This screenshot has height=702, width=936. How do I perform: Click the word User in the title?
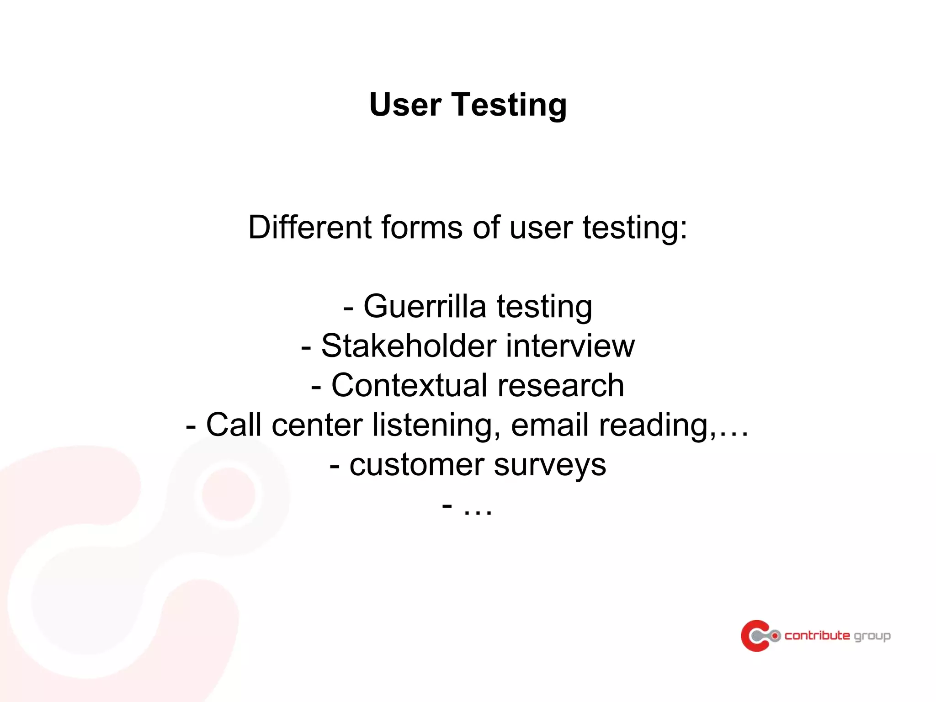coord(405,105)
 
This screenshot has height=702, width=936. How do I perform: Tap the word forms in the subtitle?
coord(421,227)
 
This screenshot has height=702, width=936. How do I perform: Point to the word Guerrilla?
coord(425,306)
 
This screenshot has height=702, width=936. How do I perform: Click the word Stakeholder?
coord(409,346)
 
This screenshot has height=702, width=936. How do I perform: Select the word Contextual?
coord(409,385)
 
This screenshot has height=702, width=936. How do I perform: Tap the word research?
coord(560,385)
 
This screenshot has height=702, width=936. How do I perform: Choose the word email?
coord(549,425)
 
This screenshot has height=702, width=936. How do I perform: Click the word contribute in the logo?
coord(817,635)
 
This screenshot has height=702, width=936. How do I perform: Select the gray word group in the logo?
coord(872,636)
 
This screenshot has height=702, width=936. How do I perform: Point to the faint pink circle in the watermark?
coord(229,494)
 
